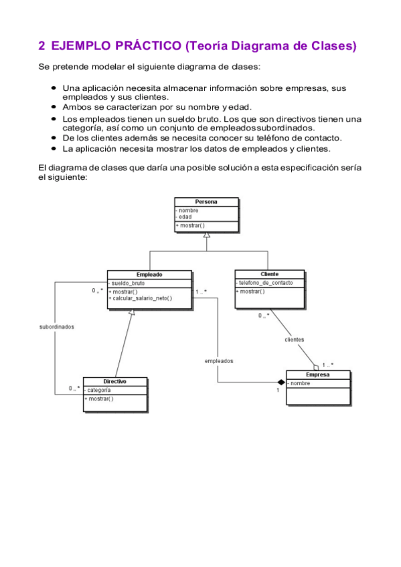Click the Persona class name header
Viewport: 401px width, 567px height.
(x=206, y=201)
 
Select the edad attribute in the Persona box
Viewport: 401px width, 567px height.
(x=185, y=217)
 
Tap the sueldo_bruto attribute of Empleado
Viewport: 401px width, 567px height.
(x=128, y=283)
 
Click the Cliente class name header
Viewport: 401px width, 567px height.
(x=270, y=274)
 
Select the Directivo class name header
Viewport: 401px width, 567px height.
(x=115, y=381)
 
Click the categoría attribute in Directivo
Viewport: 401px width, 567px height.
(x=99, y=390)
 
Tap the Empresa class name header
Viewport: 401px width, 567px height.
(x=318, y=375)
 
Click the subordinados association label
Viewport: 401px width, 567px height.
(x=57, y=327)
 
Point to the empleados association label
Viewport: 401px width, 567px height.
(x=219, y=361)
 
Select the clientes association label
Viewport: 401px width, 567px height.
(x=295, y=340)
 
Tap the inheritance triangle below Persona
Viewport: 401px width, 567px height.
(x=207, y=235)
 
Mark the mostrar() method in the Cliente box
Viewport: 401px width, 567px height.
(x=251, y=292)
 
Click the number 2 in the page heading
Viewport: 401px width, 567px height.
(x=42, y=46)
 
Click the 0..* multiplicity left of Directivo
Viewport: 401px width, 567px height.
(x=74, y=388)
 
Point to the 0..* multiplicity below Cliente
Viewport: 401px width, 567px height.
(x=264, y=316)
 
